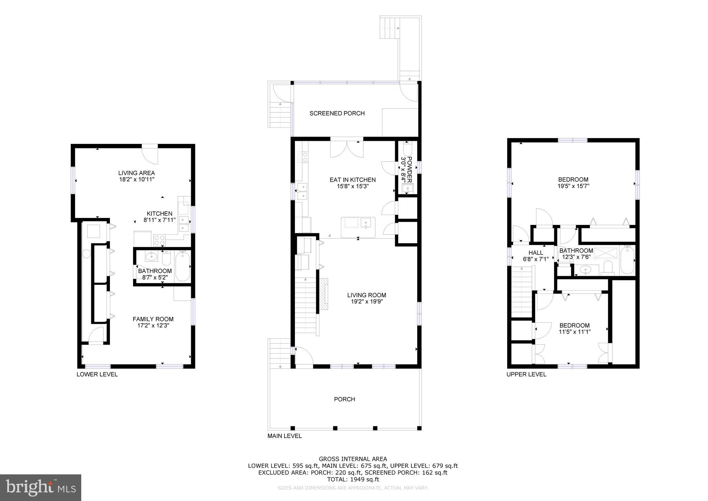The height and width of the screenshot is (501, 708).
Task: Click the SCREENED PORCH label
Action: pos(337,113)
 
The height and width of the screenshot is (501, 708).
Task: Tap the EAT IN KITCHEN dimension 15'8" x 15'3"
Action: pos(353,186)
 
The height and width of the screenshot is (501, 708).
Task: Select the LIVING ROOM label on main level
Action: pos(366,295)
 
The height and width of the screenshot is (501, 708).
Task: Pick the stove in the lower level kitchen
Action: pos(159,240)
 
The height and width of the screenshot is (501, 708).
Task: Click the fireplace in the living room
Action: pos(323,294)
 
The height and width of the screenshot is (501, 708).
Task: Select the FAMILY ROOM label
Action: pos(153,319)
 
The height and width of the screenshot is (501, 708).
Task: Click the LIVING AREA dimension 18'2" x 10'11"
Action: pos(137,179)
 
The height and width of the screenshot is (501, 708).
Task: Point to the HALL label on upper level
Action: pos(535,253)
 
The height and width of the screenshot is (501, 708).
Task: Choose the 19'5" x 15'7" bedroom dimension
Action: pos(573,186)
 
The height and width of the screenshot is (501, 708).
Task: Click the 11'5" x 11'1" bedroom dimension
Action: pos(575,331)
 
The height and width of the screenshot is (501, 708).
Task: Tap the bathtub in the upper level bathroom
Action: pos(627,259)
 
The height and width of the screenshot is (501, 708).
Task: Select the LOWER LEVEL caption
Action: pos(97,374)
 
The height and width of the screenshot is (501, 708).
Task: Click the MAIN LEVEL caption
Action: pos(285,436)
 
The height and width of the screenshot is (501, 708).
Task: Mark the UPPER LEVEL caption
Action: pos(526,374)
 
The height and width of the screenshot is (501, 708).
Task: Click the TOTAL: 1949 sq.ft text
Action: pos(353,480)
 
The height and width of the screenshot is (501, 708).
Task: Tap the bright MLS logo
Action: pos(41,488)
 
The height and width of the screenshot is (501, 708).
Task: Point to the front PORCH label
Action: pos(344,399)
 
